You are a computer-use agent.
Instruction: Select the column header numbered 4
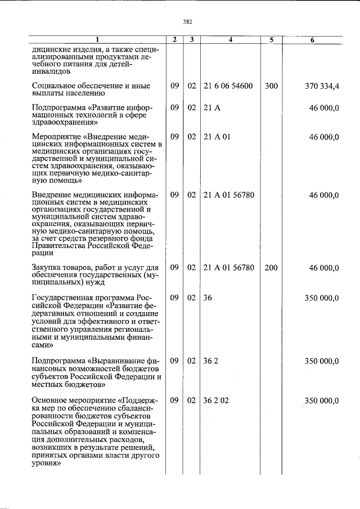(231, 40)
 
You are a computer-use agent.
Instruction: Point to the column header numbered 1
(97, 40)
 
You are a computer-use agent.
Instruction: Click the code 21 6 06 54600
(228, 86)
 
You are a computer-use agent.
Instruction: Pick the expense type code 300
(271, 86)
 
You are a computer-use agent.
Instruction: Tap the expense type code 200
(271, 268)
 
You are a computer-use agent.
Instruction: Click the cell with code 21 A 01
(217, 137)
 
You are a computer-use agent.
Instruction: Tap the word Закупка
(47, 268)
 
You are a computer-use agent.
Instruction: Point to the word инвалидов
(51, 72)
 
